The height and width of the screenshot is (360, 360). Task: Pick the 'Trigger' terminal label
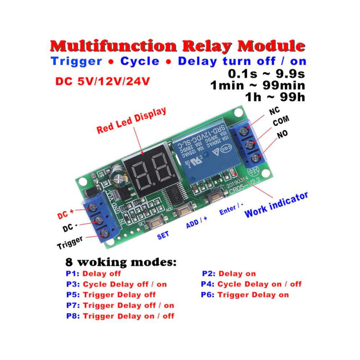70,243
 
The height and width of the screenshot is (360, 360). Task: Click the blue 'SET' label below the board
162,235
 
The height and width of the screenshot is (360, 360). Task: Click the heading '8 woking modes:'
121,262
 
